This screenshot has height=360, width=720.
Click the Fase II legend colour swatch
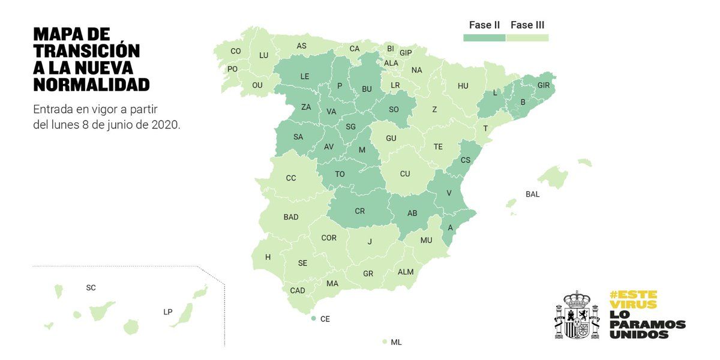[x=484, y=38]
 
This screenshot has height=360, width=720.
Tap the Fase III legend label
[x=527, y=25]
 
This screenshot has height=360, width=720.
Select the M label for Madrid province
[x=362, y=149]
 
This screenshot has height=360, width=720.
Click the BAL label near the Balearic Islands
[x=532, y=194]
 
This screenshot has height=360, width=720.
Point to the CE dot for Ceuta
[x=314, y=319]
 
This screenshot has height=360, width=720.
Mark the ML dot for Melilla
[x=385, y=342]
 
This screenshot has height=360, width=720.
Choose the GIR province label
[x=544, y=85]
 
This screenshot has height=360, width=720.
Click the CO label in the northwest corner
[x=236, y=52]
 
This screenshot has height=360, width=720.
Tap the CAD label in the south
[x=298, y=290]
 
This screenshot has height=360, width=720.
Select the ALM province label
[x=406, y=272]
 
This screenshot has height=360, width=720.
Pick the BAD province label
[x=291, y=217]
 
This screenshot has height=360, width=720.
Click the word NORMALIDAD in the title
[x=91, y=85]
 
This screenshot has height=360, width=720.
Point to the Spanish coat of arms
[x=577, y=315]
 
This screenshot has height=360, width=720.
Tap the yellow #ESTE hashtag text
[x=633, y=295]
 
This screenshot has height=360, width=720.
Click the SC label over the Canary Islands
[x=91, y=288]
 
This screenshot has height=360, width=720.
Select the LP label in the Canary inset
[x=168, y=312]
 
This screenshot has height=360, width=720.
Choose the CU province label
[x=405, y=174]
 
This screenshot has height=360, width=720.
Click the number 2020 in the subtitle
[x=166, y=125]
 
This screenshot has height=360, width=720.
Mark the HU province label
[x=463, y=86]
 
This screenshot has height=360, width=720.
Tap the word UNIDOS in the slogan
[x=638, y=334]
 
